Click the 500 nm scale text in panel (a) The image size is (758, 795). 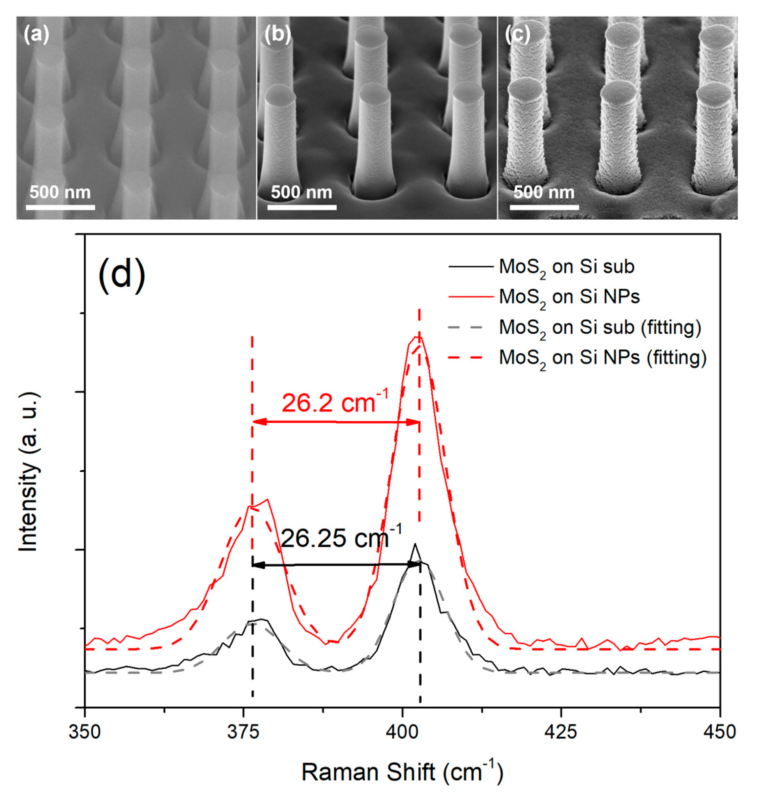pyautogui.click(x=60, y=192)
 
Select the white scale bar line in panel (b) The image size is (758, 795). pyautogui.click(x=302, y=208)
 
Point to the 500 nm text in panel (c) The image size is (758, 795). pyautogui.click(x=544, y=192)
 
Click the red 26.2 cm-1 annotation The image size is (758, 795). pyautogui.click(x=335, y=403)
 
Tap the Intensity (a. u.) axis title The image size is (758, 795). pyautogui.click(x=29, y=472)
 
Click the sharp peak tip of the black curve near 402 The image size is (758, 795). pyautogui.click(x=414, y=544)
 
